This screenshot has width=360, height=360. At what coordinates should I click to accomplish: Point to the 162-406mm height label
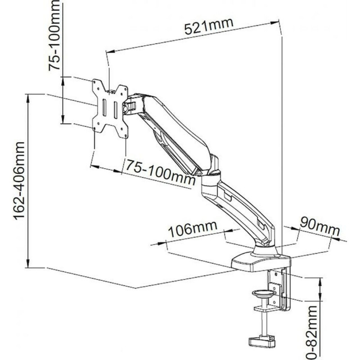pos(19,180)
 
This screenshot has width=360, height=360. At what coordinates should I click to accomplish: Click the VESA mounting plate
pos(110,108)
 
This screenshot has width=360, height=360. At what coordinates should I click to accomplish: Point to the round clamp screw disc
pos(263,294)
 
